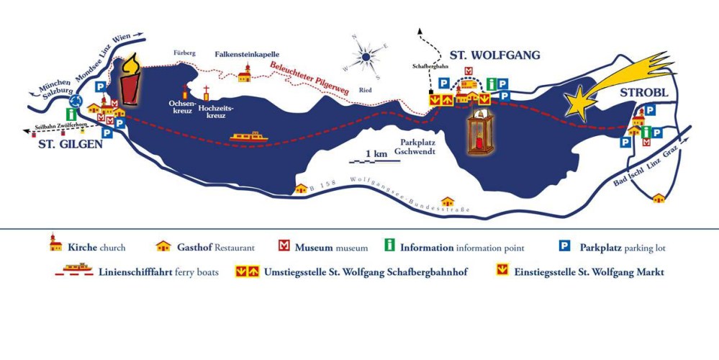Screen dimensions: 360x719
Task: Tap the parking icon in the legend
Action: coord(566,247)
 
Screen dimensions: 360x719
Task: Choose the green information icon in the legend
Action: coord(389,247)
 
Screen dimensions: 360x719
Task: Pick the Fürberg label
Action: coord(184,53)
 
